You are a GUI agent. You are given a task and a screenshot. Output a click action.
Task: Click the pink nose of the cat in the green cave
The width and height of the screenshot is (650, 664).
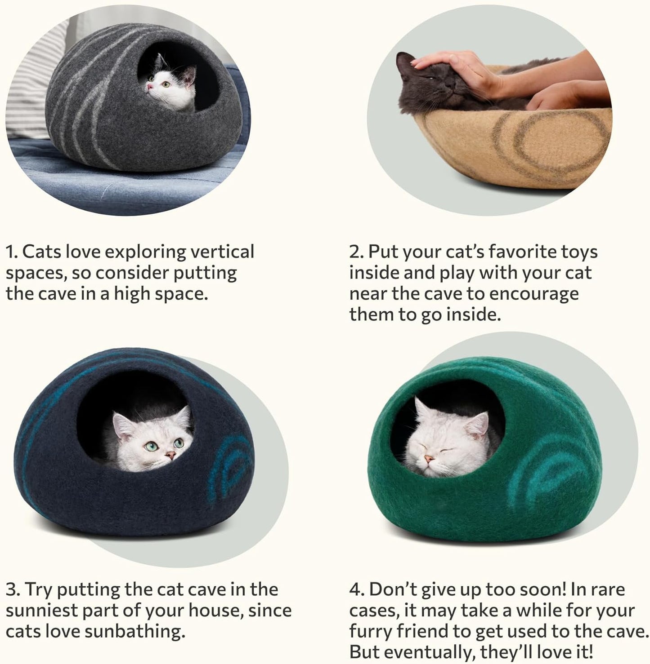click(430, 459)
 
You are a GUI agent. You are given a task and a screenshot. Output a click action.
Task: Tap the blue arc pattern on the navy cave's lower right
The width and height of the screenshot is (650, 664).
click(234, 467)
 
